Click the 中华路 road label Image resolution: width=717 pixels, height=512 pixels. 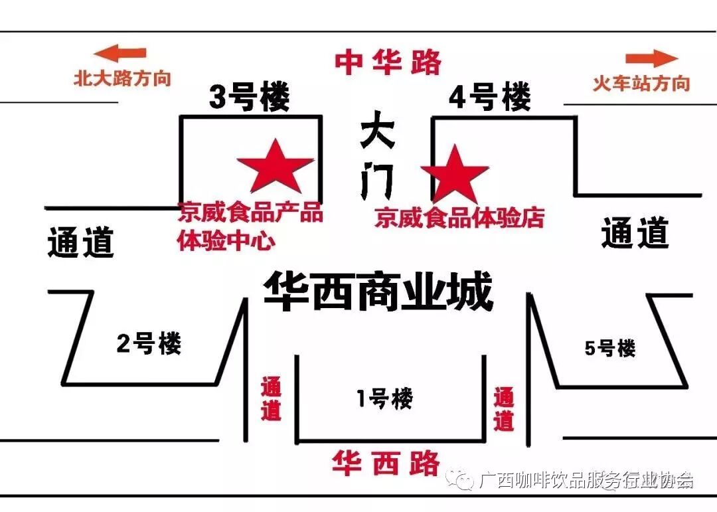388,62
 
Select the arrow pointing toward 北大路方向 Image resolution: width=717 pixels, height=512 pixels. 119,54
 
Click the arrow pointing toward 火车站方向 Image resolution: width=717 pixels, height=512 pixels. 651,58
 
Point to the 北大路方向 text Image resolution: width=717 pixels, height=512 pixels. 122,79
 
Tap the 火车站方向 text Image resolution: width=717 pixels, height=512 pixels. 641,84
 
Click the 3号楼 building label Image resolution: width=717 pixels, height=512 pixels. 249,99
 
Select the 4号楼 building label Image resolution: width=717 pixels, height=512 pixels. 490,98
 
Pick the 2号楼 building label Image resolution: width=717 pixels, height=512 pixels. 149,344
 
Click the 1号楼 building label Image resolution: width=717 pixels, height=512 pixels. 384,398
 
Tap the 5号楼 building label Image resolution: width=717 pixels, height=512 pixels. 609,347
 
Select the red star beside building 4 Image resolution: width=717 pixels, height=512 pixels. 455,173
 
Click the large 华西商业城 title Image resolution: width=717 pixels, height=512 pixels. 378,293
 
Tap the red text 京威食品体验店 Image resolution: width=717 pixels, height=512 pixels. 459,217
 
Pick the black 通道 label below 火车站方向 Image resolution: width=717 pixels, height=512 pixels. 635,234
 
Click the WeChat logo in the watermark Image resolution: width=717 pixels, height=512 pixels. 459,479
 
